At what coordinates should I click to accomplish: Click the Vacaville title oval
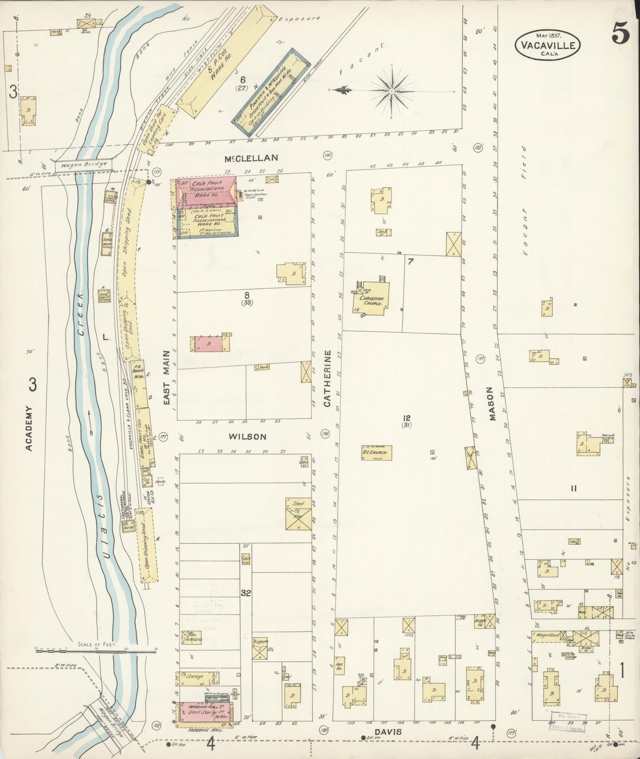pyautogui.click(x=547, y=44)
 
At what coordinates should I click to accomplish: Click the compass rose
pyautogui.click(x=392, y=91)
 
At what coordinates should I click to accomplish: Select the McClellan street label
pyautogui.click(x=251, y=158)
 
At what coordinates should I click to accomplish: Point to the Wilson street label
pyautogui.click(x=247, y=437)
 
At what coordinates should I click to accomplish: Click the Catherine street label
pyautogui.click(x=327, y=379)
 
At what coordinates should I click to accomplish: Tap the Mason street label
pyautogui.click(x=490, y=404)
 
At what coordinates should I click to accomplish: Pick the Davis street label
pyautogui.click(x=389, y=732)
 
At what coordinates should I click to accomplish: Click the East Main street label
pyautogui.click(x=167, y=378)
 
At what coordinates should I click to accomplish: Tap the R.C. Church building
pyautogui.click(x=376, y=453)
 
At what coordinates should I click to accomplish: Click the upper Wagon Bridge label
pyautogui.click(x=84, y=164)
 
